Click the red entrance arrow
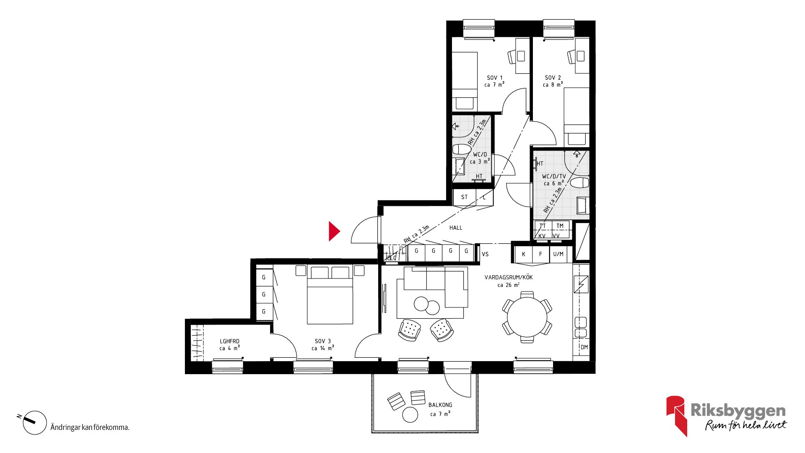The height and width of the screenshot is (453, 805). tap(334, 231)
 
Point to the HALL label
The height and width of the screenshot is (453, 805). tap(456, 228)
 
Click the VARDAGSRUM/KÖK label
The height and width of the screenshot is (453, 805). tap(509, 277)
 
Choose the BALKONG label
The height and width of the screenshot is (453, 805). tap(440, 405)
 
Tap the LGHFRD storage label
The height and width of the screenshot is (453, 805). tap(230, 341)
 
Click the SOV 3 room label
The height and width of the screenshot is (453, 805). tap(323, 341)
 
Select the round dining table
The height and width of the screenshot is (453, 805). tap(527, 317)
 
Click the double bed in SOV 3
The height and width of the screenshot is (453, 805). tap(330, 294)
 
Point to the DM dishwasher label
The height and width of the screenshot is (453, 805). tap(584, 347)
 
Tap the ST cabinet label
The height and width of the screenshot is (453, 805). tap(464, 197)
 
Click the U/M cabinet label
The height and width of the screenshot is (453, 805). tap(558, 254)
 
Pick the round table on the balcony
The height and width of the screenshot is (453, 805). tap(410, 415)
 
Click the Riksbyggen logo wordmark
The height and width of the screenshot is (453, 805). tap(738, 410)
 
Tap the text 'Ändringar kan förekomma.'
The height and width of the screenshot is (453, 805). tap(90, 427)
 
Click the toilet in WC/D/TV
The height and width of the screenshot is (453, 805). tap(580, 183)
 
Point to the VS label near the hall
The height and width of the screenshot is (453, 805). tap(485, 254)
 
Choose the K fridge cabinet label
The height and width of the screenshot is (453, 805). tap(523, 254)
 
